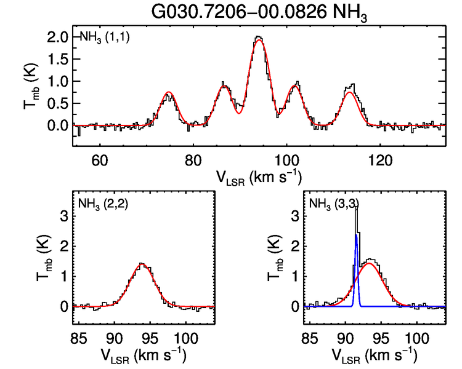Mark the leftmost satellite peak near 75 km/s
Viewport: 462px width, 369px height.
pyautogui.click(x=168, y=93)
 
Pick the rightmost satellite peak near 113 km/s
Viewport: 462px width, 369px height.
pyautogui.click(x=351, y=92)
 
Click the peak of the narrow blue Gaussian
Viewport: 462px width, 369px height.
pyautogui.click(x=356, y=235)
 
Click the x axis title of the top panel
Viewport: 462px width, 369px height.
pyautogui.click(x=259, y=177)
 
